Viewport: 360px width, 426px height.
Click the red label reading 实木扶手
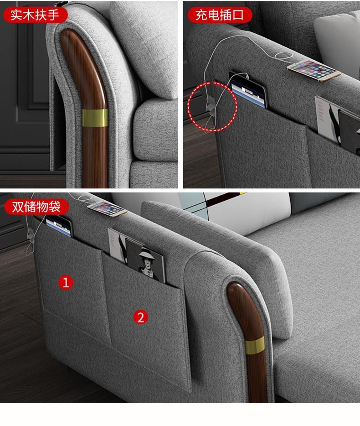(35, 15)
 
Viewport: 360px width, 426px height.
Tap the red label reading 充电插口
(220, 15)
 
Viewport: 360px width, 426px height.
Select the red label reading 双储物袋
(36, 207)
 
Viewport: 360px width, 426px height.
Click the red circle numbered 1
(66, 282)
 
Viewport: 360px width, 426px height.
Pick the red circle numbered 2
(141, 317)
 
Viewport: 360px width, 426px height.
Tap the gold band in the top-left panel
(95, 118)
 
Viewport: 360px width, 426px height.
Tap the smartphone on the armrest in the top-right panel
(314, 70)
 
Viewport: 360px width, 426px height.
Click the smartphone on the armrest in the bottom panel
(107, 209)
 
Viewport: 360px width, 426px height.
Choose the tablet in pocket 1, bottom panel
(59, 226)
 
